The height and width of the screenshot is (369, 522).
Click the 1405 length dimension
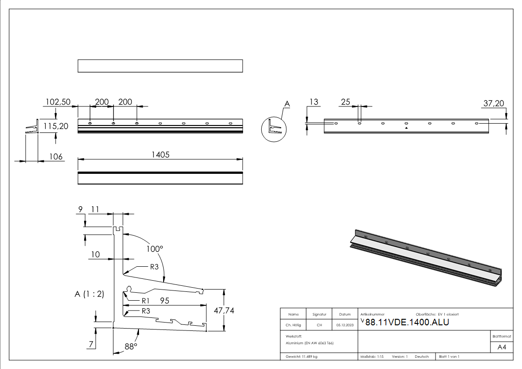pos(160,155)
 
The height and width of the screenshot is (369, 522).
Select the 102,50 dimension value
pos(57,102)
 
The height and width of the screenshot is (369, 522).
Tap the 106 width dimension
pos(56,157)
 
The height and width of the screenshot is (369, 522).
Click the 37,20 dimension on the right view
pos(494,104)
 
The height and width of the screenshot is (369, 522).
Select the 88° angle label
pos(131,346)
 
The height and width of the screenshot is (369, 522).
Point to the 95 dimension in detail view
pos(164,301)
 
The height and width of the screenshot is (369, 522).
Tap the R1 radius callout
pos(145,301)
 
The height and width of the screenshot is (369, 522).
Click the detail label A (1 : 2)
pos(89,294)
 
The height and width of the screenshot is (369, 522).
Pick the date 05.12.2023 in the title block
pos(345,325)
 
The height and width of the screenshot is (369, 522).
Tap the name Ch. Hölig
pos(293,325)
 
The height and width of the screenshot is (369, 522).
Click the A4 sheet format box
pos(502,347)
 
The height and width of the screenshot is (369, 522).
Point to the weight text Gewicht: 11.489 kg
pos(302,356)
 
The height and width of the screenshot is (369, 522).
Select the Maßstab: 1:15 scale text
pos(372,356)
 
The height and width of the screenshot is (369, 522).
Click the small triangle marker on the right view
pos(406,127)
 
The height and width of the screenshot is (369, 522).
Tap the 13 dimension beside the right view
pos(315,102)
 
